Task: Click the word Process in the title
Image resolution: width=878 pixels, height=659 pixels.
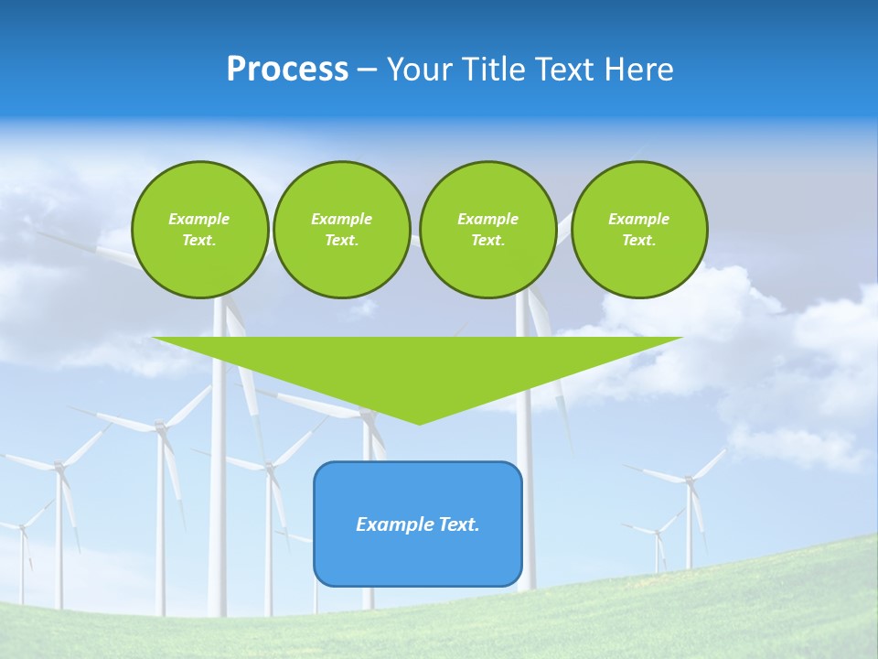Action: point(287,70)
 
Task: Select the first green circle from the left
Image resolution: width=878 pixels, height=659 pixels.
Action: point(200,230)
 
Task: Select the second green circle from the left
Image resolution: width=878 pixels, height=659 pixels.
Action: point(342,230)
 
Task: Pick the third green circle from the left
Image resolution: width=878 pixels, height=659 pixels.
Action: point(488,230)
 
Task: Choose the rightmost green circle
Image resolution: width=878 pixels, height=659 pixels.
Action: point(639,230)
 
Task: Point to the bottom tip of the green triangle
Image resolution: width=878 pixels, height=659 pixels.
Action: point(419,423)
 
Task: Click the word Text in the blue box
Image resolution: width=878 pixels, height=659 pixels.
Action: point(457,524)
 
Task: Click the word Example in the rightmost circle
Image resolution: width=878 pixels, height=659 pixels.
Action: point(639,219)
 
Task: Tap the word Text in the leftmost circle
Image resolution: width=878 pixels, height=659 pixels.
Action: point(198,241)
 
